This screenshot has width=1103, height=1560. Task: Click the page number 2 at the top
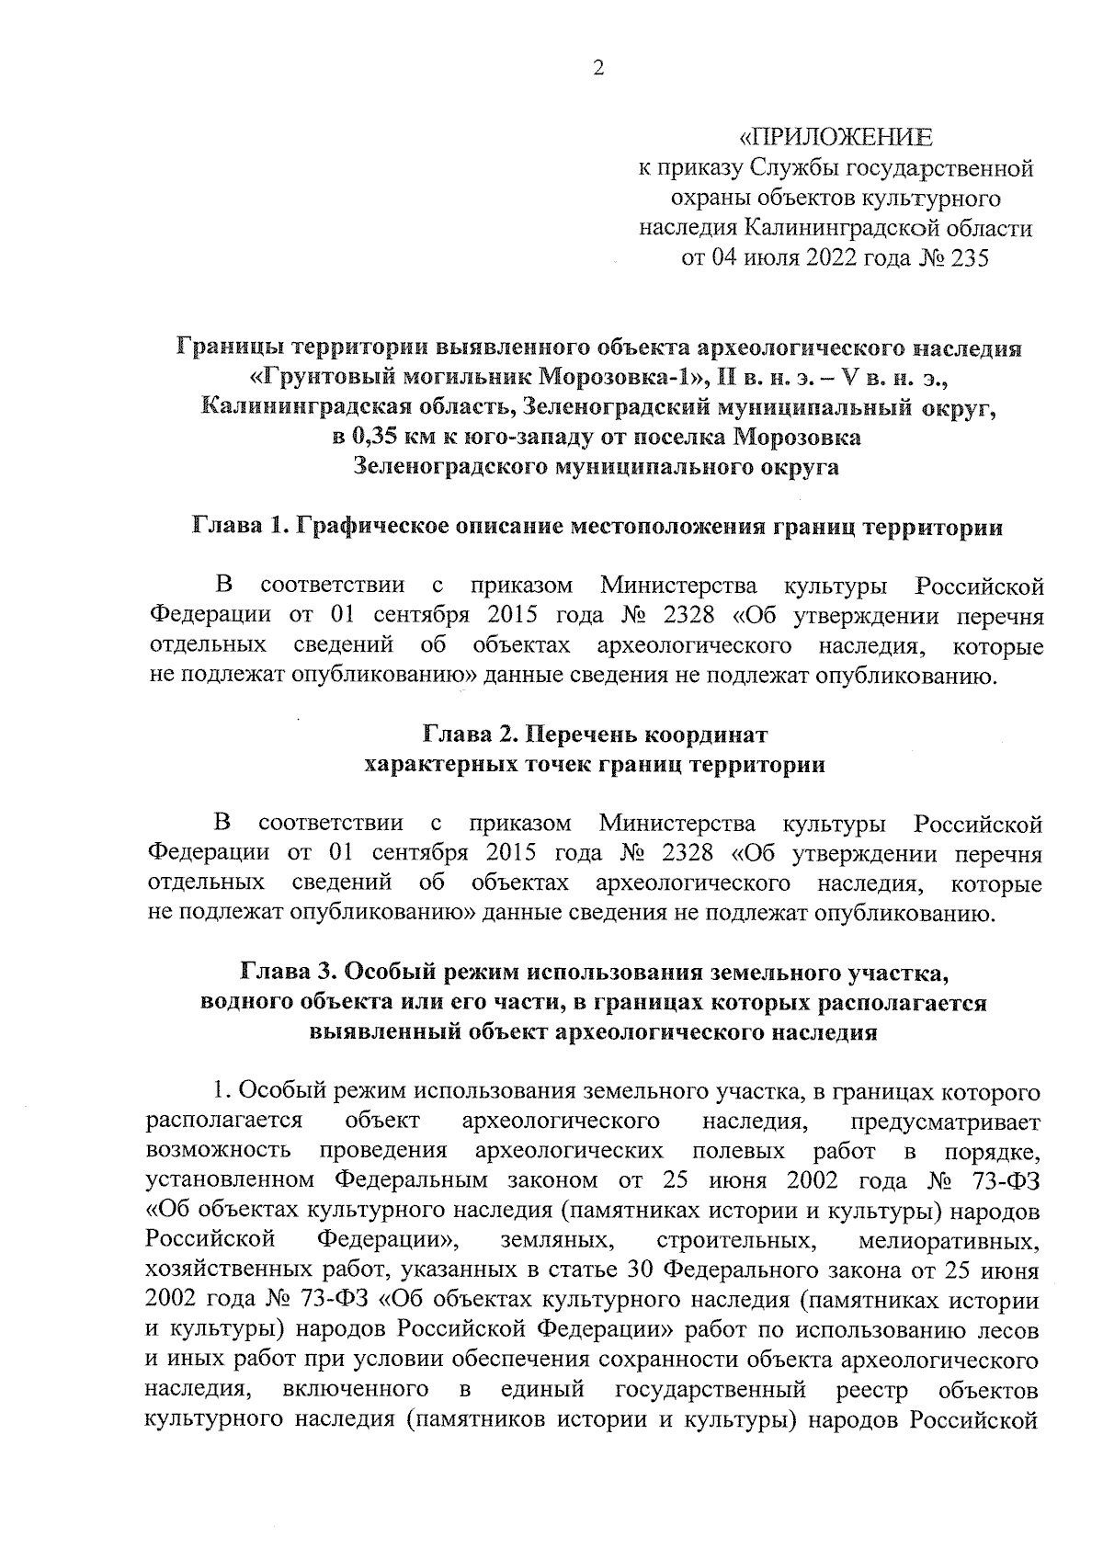598,69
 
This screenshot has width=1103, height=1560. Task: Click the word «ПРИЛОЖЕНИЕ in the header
836,138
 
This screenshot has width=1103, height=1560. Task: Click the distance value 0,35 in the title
381,437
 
